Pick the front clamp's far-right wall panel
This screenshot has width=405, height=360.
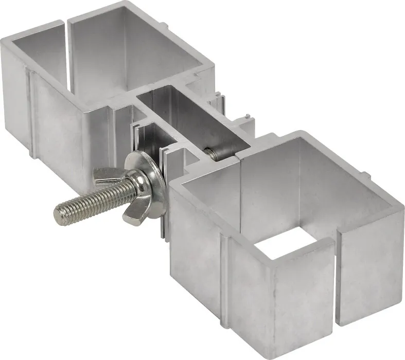[371, 273]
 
